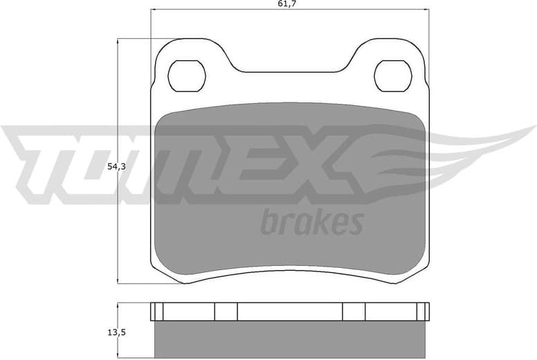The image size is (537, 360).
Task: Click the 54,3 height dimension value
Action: coord(116,167)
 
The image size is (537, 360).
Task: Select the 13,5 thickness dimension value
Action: coord(116,332)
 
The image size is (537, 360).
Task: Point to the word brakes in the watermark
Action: coord(311,222)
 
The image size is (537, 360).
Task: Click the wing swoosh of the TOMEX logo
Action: coord(443,149)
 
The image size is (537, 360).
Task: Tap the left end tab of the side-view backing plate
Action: coord(156,312)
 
